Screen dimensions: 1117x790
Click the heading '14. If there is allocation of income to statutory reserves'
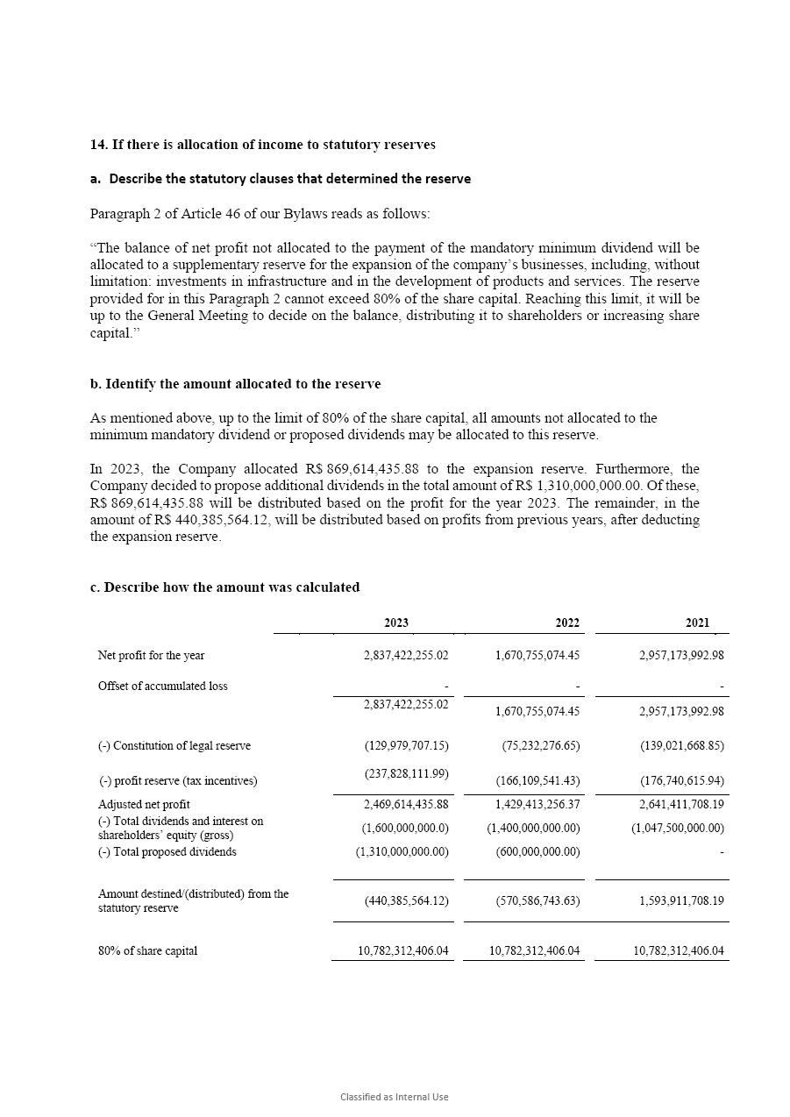point(262,145)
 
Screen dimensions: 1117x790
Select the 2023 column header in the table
point(396,623)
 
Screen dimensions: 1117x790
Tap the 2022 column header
point(567,623)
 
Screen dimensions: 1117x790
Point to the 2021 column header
point(697,623)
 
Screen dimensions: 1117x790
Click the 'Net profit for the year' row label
point(152,656)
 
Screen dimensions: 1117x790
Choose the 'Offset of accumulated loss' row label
point(163,687)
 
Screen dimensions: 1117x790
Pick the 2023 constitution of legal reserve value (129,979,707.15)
point(406,746)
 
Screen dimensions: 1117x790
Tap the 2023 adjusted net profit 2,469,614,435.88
point(406,804)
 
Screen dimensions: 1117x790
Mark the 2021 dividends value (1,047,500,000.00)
point(678,829)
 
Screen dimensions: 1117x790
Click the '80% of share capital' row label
point(147,951)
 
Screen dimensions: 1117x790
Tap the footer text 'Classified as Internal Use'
point(395,1097)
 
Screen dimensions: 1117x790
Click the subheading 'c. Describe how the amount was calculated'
point(224,587)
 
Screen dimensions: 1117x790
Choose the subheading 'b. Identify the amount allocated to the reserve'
point(235,384)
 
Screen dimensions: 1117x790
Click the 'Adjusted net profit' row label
point(144,805)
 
